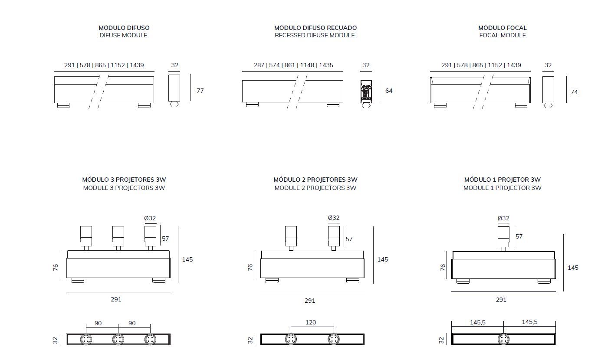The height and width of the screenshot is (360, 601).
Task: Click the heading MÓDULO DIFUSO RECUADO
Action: tap(315, 28)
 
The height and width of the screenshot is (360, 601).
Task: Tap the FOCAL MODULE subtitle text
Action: tap(502, 36)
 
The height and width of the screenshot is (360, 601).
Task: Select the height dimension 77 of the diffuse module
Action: tap(200, 91)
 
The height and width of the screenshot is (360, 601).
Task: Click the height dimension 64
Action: tap(389, 91)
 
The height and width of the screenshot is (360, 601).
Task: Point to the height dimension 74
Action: tap(574, 92)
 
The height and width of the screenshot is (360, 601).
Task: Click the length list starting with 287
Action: tap(293, 65)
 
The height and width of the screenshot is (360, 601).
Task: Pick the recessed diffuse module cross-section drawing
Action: tap(366, 92)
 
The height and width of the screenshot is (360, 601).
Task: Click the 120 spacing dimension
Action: tap(311, 322)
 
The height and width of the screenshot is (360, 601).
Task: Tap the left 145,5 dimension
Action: tap(477, 322)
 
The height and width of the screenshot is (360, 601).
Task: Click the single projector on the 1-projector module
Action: tap(503, 236)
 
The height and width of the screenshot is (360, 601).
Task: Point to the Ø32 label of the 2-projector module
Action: tap(333, 218)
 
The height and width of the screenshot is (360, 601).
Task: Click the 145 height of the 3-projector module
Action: tap(187, 259)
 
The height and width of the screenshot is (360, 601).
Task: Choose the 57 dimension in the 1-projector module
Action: tap(519, 236)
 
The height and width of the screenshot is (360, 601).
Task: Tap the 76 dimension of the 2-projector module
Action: tap(250, 268)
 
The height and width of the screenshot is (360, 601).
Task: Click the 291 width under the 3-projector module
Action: tap(116, 299)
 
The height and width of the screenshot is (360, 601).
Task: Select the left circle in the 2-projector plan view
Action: tap(291, 340)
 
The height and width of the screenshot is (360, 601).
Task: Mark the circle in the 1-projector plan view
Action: tap(503, 340)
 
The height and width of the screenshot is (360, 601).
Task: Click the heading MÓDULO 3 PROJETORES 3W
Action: tap(124, 180)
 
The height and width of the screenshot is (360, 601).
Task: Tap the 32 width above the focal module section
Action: tap(548, 65)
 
